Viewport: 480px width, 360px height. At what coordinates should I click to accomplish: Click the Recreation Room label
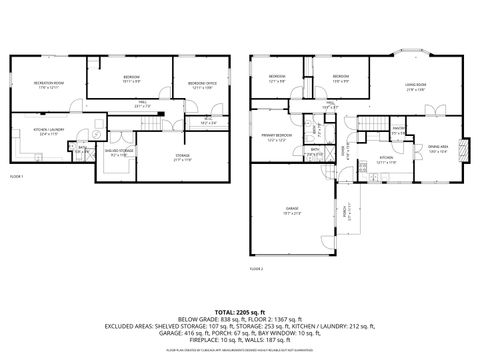click(x=44, y=84)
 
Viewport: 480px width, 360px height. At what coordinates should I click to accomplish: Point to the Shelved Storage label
click(x=121, y=152)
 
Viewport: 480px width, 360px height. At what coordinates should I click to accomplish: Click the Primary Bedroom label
click(x=277, y=136)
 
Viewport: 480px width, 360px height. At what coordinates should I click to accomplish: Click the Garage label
click(x=290, y=210)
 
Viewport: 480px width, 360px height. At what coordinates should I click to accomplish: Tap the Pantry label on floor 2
click(x=397, y=129)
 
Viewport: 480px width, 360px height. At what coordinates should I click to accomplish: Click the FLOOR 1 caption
click(x=17, y=176)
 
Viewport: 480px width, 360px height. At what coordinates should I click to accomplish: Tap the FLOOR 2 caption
click(x=257, y=268)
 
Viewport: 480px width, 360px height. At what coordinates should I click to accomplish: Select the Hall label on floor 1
click(x=143, y=102)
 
